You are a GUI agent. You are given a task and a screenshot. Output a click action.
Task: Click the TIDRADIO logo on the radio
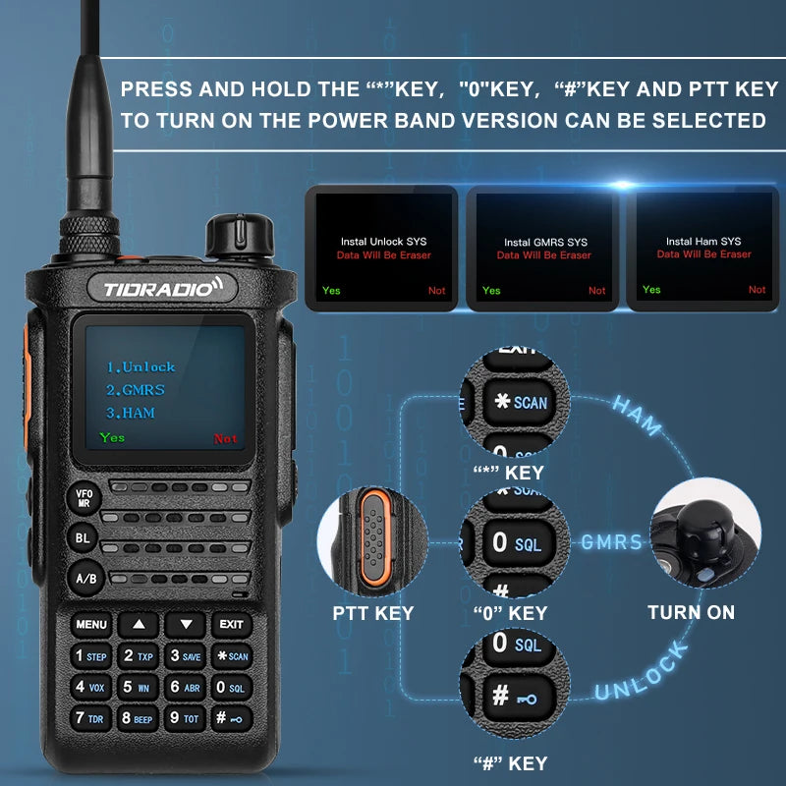coord(163,288)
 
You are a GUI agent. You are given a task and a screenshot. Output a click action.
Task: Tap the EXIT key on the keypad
coord(231,624)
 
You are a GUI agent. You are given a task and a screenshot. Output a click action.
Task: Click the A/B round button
coord(85,579)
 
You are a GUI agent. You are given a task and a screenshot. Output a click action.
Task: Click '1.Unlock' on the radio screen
coord(140,367)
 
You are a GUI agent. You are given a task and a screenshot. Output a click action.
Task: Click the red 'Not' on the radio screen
coord(226,439)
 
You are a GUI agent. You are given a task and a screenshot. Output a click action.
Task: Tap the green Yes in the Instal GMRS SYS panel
coord(491,291)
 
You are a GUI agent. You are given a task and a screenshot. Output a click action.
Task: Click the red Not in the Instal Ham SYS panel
coord(757,290)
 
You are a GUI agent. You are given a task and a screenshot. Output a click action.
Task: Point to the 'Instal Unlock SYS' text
coord(383,242)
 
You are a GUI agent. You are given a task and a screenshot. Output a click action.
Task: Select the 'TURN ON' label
coord(691,612)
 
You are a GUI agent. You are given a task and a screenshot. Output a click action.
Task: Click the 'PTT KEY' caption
coord(372,613)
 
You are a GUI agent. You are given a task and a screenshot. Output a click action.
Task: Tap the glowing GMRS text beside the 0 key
coord(611,542)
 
